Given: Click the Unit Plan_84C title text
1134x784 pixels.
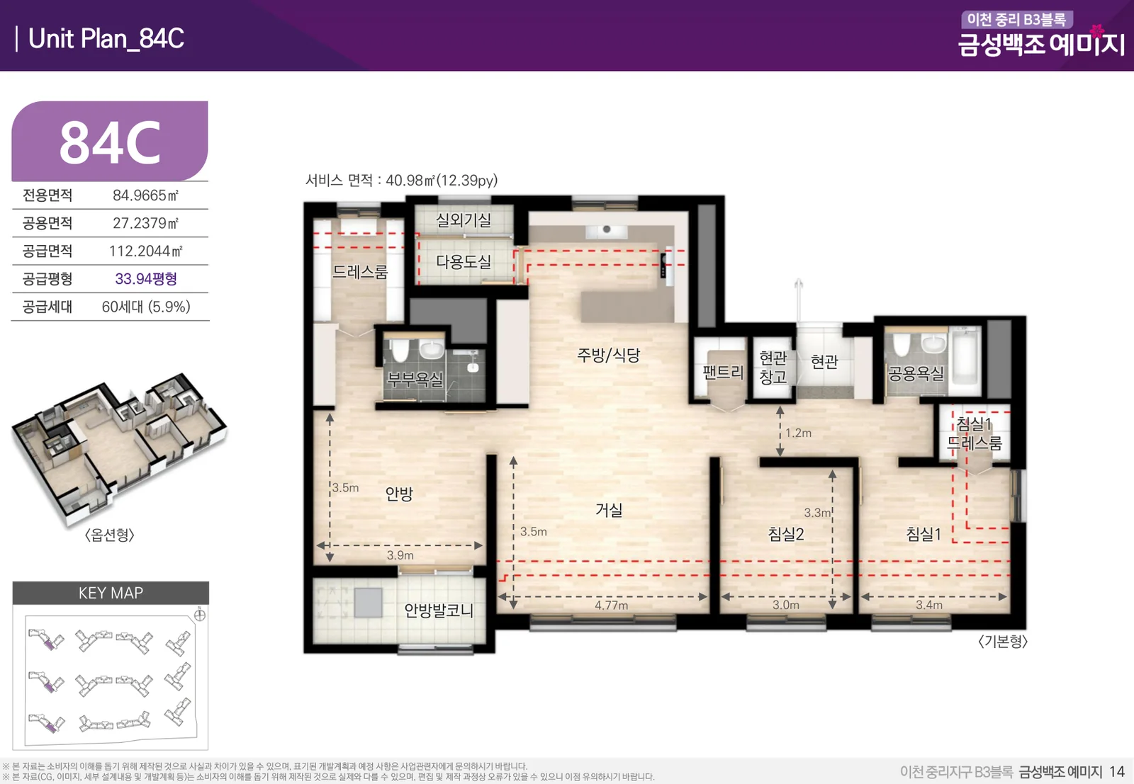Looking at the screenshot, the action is [106, 38].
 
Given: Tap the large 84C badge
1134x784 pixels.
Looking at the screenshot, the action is [110, 141].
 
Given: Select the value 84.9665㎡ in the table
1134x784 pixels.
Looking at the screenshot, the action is [146, 195].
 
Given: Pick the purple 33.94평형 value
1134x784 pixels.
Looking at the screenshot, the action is [146, 279].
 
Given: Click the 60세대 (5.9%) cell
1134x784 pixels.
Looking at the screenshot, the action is [146, 307].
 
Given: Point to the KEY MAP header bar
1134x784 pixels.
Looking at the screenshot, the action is [111, 593].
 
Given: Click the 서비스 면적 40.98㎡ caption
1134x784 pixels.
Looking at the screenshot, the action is [401, 180].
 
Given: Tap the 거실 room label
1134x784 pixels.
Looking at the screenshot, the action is [609, 509].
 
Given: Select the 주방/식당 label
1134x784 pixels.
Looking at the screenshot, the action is [609, 355].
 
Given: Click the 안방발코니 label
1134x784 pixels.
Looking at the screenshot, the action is [439, 610].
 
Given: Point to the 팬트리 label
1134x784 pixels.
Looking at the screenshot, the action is [723, 373].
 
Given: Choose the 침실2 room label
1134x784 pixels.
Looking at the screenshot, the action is [786, 533].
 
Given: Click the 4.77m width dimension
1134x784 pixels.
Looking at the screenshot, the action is [611, 605].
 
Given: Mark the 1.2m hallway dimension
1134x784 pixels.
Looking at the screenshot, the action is [798, 433].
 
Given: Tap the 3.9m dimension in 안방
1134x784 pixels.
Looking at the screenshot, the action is [400, 555].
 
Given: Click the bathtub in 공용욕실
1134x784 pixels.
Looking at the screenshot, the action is [965, 362].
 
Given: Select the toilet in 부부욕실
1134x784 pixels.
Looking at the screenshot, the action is [400, 350].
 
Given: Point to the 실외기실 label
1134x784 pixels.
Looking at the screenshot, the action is [464, 220].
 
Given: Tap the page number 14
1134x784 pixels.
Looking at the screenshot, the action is [1117, 771].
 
